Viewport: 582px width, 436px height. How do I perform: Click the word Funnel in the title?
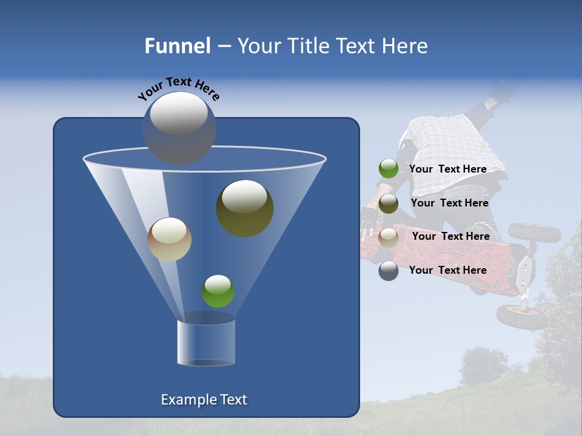coord(177,46)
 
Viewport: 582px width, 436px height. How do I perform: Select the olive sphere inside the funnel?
coord(244,208)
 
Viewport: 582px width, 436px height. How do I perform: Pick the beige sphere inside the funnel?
coord(169,239)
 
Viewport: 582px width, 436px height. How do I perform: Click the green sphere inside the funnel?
coord(218,291)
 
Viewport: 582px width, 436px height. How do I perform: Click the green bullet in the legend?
coord(389,169)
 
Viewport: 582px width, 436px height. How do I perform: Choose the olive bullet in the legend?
coord(389,203)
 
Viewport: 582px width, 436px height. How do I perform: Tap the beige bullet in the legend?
coord(389,237)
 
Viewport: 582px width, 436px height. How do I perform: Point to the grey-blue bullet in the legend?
coord(389,271)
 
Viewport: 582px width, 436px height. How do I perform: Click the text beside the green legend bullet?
coord(448,169)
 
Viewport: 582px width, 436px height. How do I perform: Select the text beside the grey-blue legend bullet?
coord(448,270)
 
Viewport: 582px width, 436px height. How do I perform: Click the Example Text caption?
coord(204,400)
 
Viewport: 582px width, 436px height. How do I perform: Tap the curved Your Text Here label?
coord(178,88)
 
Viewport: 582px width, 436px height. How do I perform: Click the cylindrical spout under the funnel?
coord(206,342)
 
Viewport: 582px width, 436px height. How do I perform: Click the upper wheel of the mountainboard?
coord(534,232)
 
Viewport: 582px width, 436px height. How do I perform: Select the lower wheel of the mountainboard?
coord(521,317)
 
